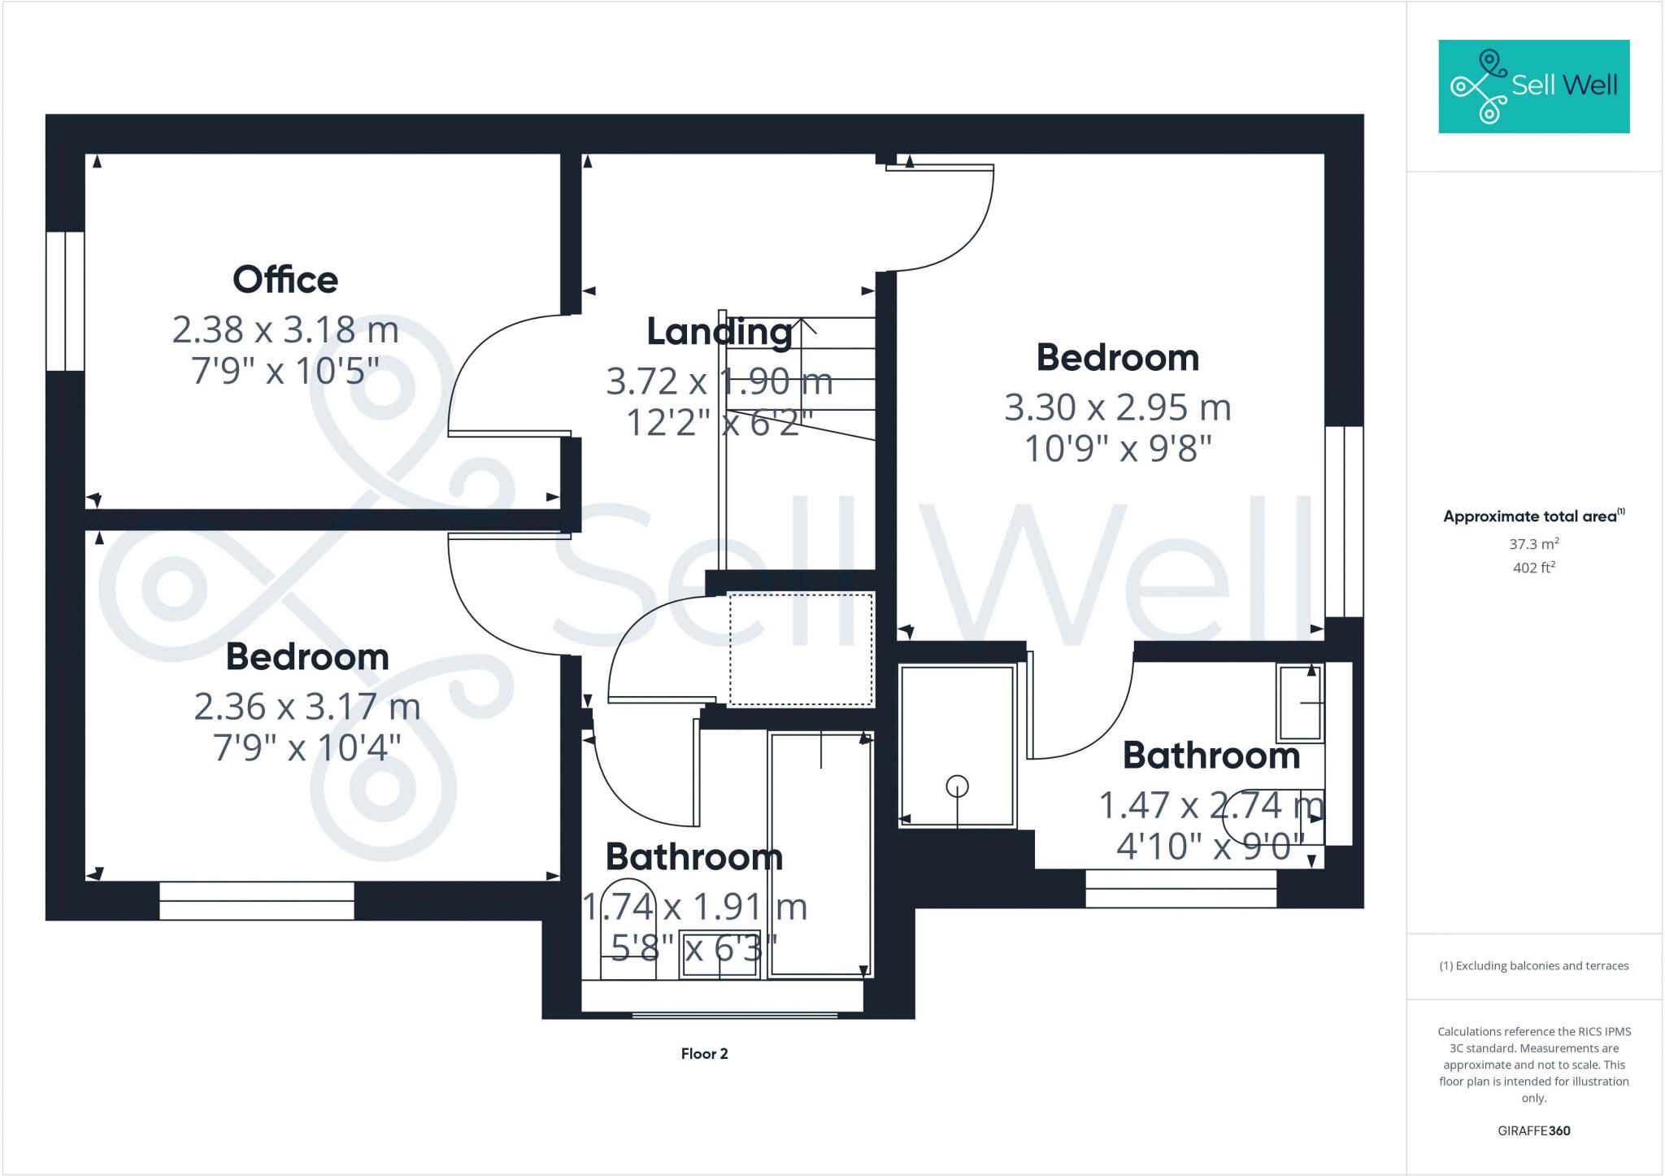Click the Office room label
point(285,280)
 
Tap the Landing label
point(719,332)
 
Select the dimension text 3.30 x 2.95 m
point(1118,407)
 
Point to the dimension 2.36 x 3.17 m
point(307,707)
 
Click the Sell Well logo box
point(1533,86)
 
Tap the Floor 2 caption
point(704,1054)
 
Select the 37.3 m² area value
point(1533,544)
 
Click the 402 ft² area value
point(1533,568)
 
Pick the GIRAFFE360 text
point(1533,1130)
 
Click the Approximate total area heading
point(1533,516)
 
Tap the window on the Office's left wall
point(65,302)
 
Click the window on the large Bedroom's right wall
point(1344,521)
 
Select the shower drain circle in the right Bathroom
point(957,786)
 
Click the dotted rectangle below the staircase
point(801,649)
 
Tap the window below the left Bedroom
point(257,901)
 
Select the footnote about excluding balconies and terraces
point(1533,966)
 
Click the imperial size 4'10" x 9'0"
point(1211,847)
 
